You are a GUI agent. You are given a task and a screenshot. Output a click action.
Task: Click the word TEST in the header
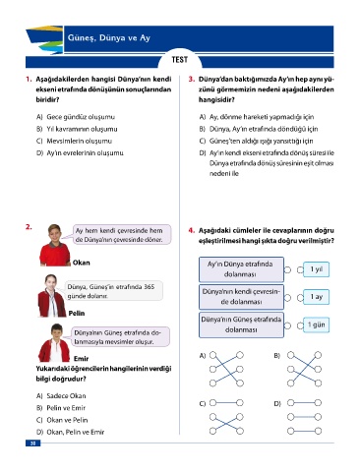180,60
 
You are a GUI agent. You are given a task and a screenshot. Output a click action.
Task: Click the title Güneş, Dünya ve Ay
109,37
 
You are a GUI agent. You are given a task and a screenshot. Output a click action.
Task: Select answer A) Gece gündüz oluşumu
76,117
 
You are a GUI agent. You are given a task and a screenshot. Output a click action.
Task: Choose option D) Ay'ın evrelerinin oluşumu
80,153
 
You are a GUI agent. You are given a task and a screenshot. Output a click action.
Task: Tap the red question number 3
192,79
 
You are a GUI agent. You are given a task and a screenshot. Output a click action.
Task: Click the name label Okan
82,263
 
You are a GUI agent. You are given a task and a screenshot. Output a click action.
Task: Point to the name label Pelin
77,314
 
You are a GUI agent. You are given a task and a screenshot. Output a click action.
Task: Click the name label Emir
81,359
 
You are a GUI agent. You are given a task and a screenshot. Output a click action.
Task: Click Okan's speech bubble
121,235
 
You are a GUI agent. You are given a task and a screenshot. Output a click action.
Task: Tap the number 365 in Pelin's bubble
149,287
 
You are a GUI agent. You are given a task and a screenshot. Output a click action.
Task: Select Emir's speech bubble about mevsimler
120,337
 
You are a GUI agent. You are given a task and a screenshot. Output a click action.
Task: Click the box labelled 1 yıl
316,269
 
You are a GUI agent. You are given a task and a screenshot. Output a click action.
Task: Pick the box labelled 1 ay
316,297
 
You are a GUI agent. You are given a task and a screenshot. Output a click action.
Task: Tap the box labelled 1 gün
316,324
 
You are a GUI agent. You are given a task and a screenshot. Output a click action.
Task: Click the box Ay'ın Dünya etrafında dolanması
241,269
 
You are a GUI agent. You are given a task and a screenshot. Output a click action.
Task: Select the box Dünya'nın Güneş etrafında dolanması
241,324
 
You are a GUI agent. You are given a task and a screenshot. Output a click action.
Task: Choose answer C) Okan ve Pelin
62,420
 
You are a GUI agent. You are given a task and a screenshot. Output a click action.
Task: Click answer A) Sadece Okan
61,396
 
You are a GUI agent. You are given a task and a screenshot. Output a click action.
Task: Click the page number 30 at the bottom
32,443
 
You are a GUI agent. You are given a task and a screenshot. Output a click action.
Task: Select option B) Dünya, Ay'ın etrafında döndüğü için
259,129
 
